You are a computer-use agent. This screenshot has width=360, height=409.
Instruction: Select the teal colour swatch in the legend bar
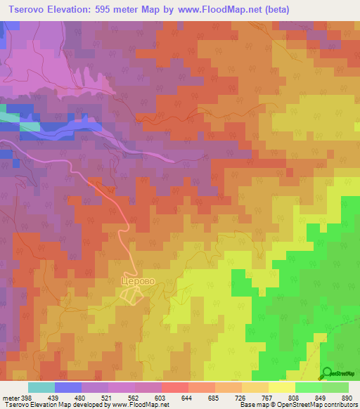coord(41,387)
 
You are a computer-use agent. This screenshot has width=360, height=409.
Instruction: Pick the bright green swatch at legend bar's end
coord(335,387)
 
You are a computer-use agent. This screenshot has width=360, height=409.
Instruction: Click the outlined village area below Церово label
coord(129,297)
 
